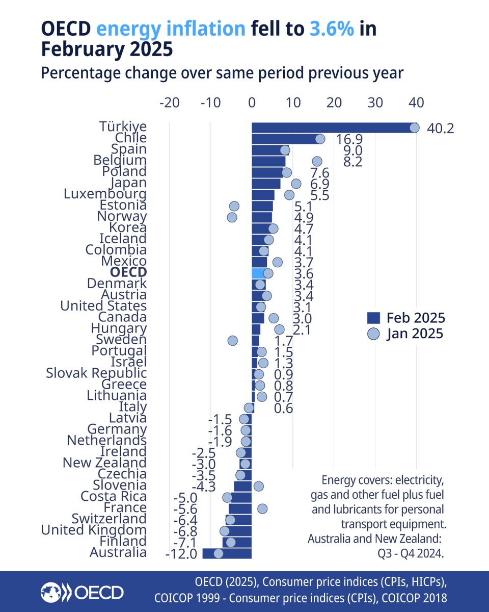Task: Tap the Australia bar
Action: click(227, 553)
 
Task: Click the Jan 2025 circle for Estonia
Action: click(234, 206)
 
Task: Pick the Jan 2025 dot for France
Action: click(262, 508)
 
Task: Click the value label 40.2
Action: click(440, 128)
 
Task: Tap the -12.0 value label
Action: click(181, 553)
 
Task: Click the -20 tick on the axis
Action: click(169, 102)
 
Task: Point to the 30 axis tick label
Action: click(375, 102)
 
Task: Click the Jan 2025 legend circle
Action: click(374, 334)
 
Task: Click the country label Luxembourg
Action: click(105, 194)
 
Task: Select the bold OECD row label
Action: click(128, 273)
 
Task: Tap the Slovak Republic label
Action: click(96, 373)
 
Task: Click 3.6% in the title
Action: click(332, 29)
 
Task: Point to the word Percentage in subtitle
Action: click(79, 73)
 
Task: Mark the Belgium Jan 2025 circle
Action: click(317, 161)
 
